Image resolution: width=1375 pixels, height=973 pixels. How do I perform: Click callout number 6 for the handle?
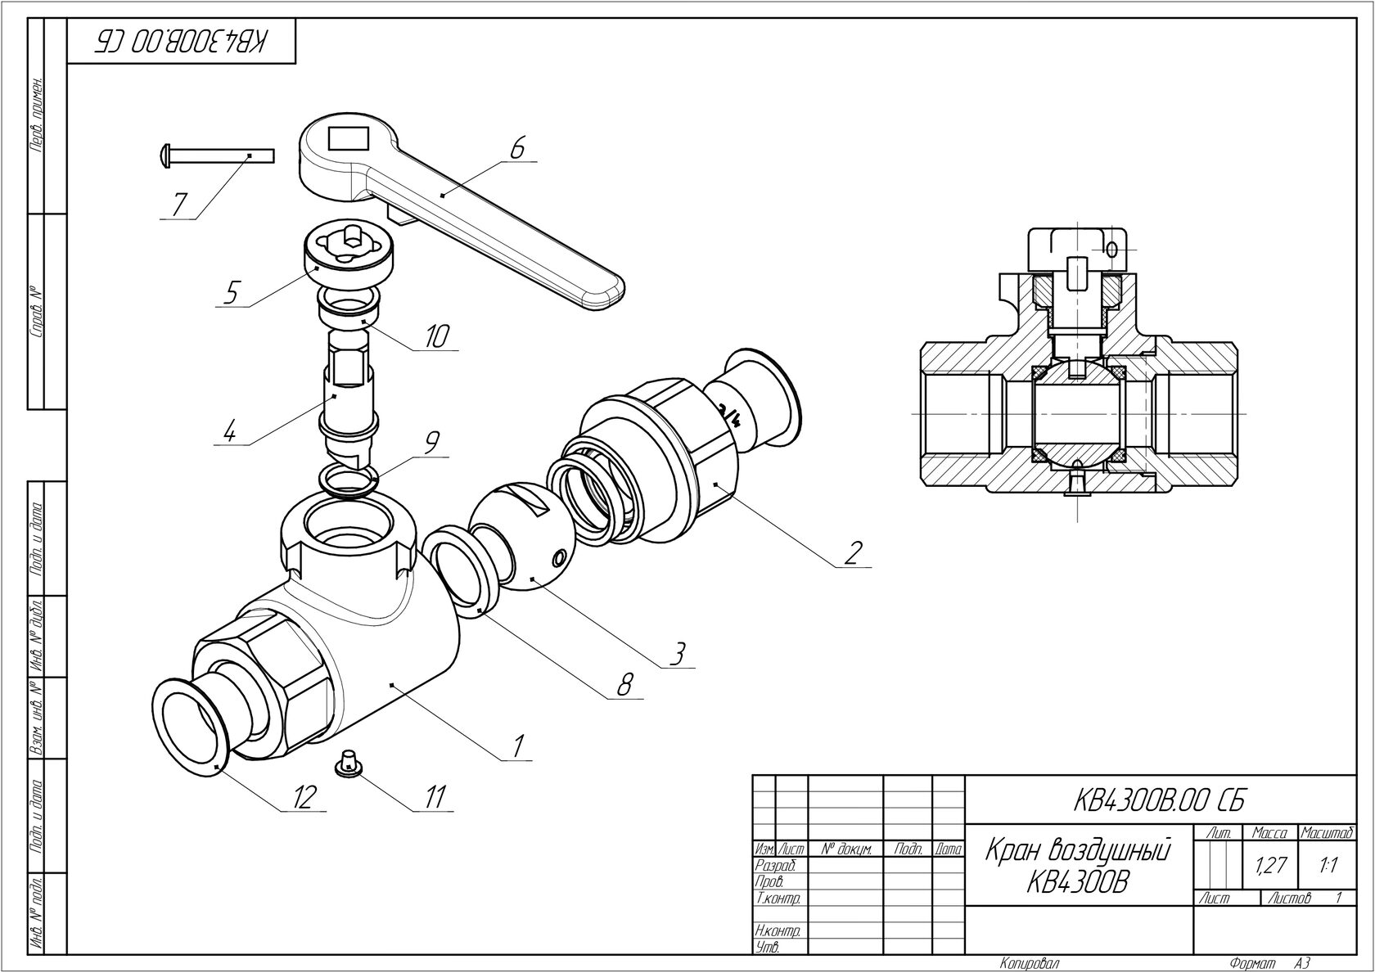[517, 147]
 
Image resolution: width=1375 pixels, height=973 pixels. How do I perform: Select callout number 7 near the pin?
[178, 205]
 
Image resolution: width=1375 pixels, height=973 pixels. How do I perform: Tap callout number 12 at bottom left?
[304, 797]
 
